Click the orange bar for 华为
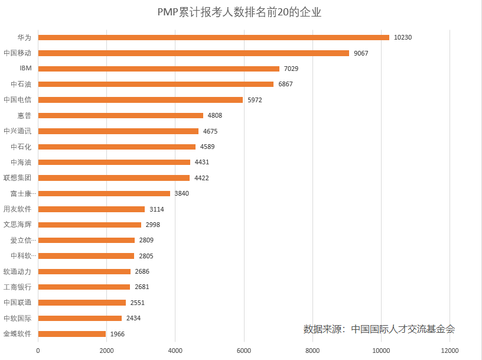(213, 37)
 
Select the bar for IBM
(158, 69)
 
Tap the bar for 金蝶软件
(71, 334)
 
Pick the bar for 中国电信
(140, 100)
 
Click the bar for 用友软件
(91, 209)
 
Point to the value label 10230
(402, 37)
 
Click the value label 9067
(361, 53)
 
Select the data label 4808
(214, 116)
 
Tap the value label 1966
(117, 334)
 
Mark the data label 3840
(181, 193)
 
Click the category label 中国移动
(17, 53)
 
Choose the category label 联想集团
(17, 178)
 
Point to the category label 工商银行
(17, 287)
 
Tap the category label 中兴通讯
(17, 131)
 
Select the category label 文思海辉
(17, 225)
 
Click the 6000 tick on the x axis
(243, 350)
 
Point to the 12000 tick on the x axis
(450, 350)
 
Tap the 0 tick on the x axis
(38, 350)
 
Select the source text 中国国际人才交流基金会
(403, 329)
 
